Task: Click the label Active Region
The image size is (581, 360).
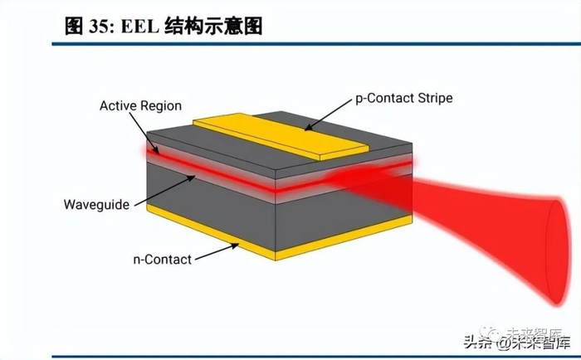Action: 140,106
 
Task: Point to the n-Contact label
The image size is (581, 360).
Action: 163,259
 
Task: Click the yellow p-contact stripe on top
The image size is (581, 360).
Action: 281,135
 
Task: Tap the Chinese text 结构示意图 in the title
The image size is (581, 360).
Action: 222,26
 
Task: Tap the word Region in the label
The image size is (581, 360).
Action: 160,106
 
